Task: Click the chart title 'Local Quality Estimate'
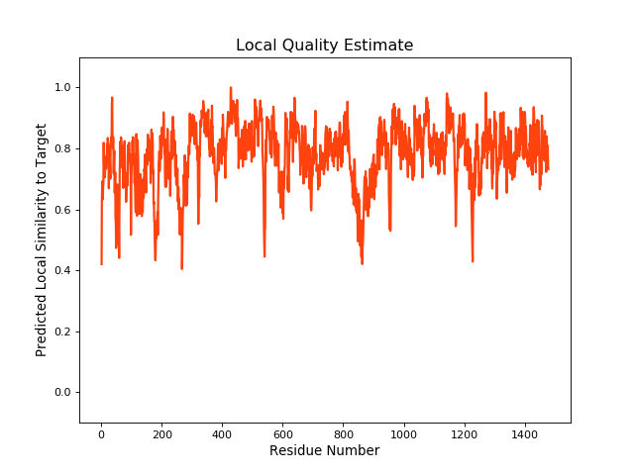click(324, 46)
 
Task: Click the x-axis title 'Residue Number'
click(324, 451)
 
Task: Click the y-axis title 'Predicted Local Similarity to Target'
click(42, 239)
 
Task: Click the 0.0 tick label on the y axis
click(64, 393)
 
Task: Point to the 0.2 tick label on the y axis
click(64, 332)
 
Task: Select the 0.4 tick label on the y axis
click(64, 270)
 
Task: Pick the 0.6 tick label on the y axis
click(64, 210)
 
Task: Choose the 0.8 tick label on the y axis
click(64, 148)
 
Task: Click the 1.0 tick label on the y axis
click(64, 87)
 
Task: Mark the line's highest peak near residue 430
click(231, 88)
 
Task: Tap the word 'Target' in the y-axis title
click(42, 146)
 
